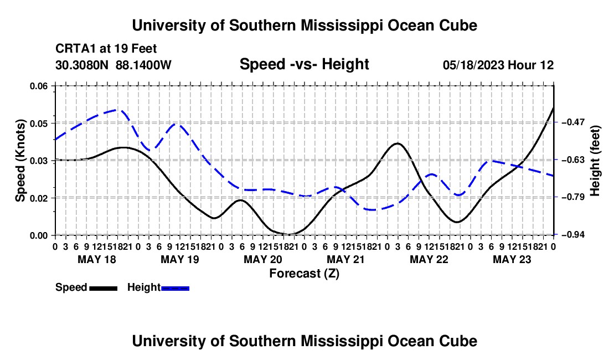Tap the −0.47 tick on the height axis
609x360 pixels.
(x=572, y=122)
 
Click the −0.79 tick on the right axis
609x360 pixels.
(x=572, y=197)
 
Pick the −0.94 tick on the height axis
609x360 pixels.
(x=572, y=234)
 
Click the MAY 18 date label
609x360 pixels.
(x=97, y=259)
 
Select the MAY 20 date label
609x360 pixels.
(x=263, y=259)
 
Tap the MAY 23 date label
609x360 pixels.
(x=512, y=259)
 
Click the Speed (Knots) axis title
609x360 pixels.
(x=20, y=161)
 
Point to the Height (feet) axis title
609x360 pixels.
(x=595, y=161)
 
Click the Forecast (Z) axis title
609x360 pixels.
(x=304, y=274)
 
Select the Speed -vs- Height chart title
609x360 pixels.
(x=304, y=64)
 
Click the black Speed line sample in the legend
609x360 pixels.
(x=104, y=288)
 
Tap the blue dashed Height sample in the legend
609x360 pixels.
(x=175, y=288)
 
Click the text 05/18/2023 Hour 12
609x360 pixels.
(x=498, y=65)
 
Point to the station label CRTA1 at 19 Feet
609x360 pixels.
(x=106, y=49)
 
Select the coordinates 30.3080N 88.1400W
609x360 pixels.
(x=113, y=65)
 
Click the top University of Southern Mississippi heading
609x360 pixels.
(x=304, y=25)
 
